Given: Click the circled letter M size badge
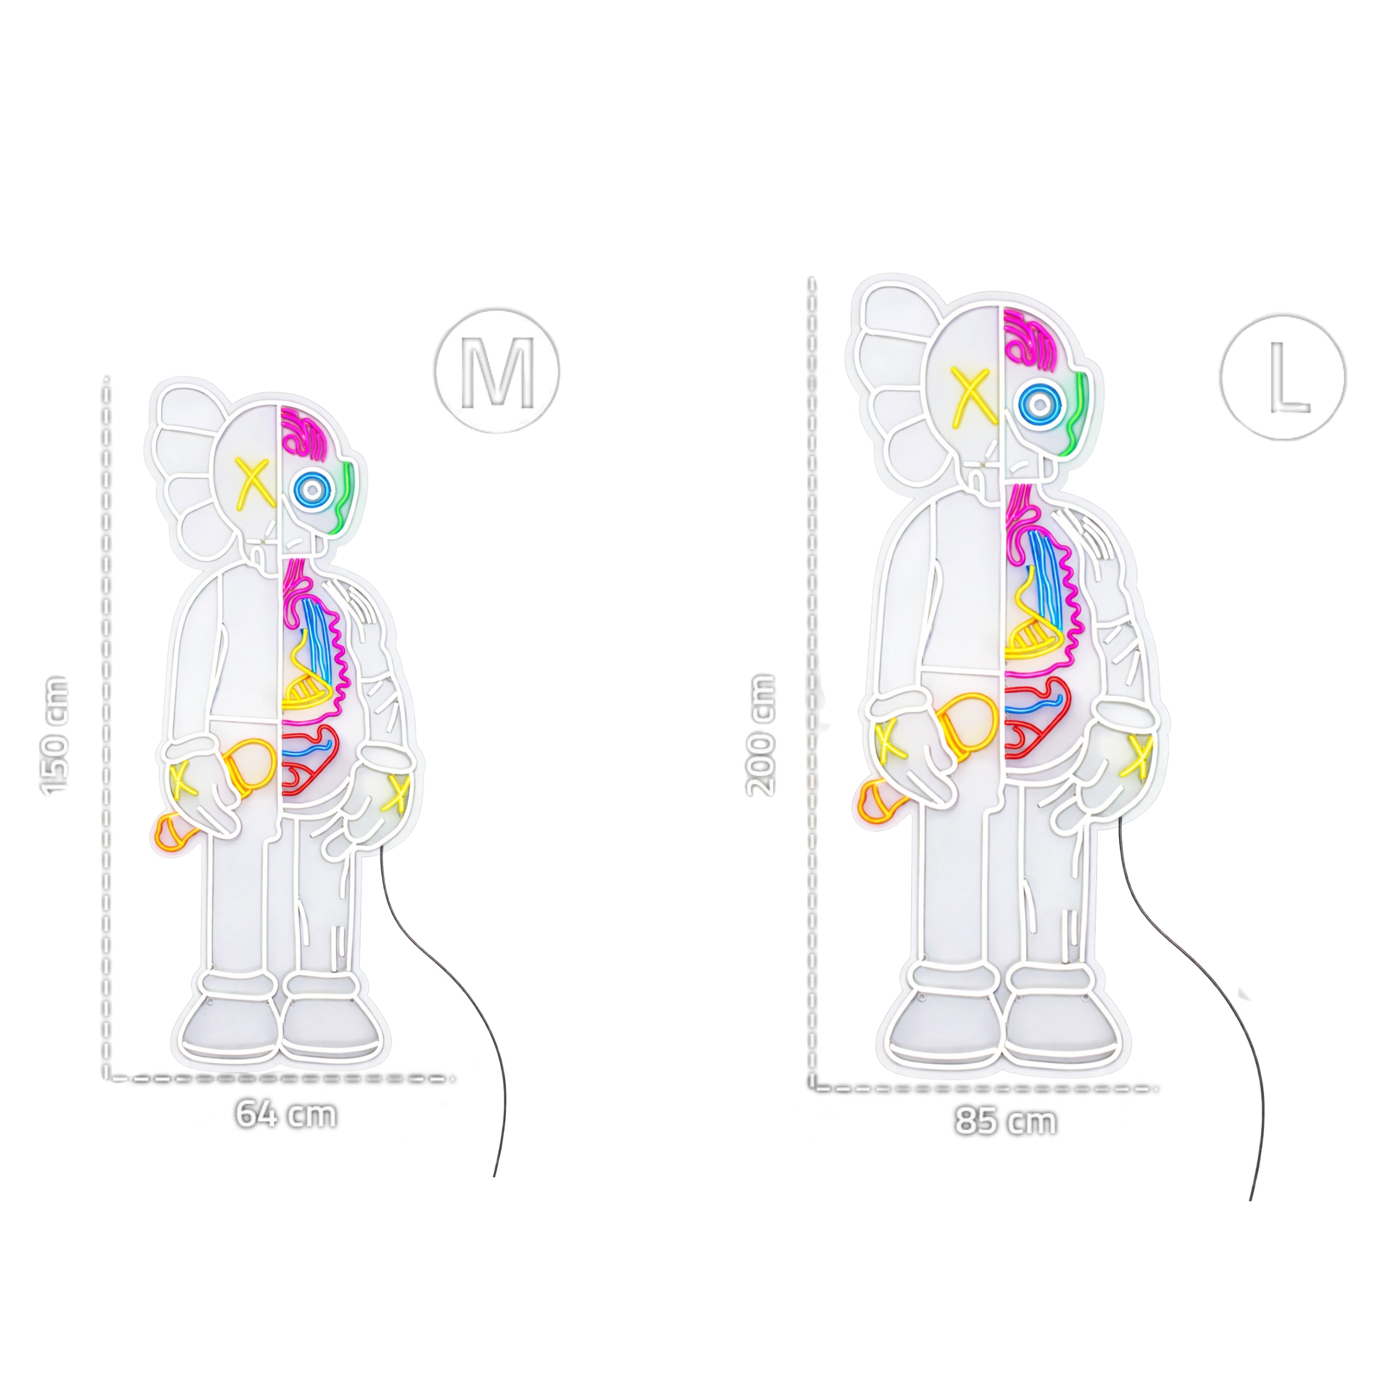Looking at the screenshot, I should click(497, 372).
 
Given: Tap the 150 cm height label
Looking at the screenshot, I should click(56, 735).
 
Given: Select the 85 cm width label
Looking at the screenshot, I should click(1006, 1121).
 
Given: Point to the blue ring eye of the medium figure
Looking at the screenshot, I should click(311, 490).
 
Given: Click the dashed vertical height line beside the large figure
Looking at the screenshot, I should click(812, 652).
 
